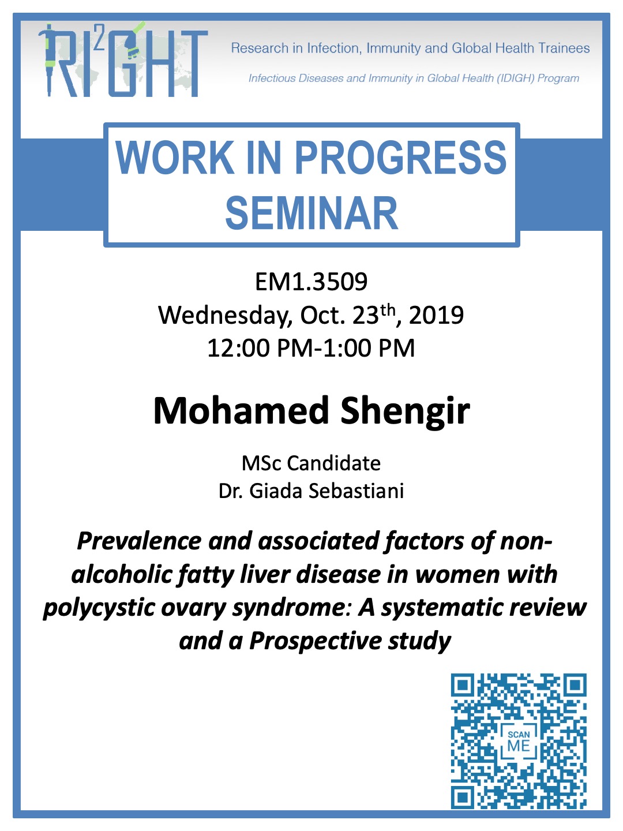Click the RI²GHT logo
pyautogui.click(x=123, y=59)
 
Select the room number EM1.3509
pyautogui.click(x=311, y=282)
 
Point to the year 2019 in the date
pyautogui.click(x=436, y=315)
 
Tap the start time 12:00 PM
pyautogui.click(x=260, y=348)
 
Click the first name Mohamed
pyautogui.click(x=241, y=411)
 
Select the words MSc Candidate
pyautogui.click(x=311, y=463)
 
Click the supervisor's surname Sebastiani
pyautogui.click(x=356, y=491)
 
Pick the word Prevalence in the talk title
pyautogui.click(x=139, y=541)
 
